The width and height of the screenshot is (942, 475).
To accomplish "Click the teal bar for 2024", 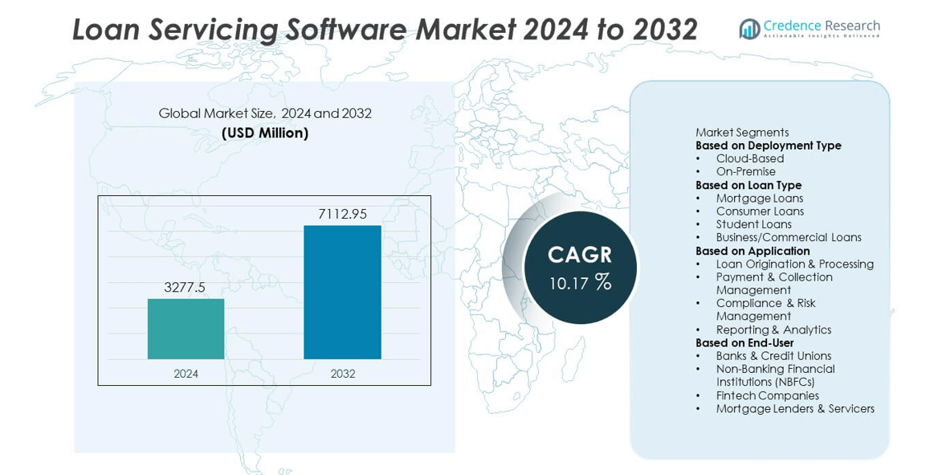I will pos(186,329).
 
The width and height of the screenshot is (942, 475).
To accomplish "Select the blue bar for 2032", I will pos(342,292).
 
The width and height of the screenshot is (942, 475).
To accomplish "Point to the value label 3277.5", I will pos(186,287).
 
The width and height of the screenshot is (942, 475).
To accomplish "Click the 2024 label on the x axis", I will pos(186,374).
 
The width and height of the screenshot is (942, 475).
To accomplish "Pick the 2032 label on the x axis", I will pos(342,374).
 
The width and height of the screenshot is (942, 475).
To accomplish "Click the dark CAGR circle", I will pos(580,268).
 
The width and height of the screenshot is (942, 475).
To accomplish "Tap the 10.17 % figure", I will pos(580,283).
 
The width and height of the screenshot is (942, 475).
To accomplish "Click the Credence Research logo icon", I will pos(749,30).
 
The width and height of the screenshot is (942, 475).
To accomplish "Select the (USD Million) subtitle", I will pos(265,133).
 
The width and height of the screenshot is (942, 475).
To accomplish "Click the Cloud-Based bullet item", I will pos(749,158).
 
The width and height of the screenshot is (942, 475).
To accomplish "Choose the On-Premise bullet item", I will pos(745,171).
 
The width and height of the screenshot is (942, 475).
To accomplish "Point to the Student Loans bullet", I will pos(753,224).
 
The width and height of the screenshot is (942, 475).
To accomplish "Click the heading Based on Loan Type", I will pos(748,185).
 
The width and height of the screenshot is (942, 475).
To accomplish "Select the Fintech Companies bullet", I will pos(767,395).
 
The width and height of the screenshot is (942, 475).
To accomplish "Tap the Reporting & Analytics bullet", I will pos(773,330).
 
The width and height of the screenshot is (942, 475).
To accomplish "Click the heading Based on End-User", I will pos(744,342).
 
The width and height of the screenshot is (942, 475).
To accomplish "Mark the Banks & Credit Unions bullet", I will pos(773,356).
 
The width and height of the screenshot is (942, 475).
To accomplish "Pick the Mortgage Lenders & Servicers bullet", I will pos(795,408).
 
